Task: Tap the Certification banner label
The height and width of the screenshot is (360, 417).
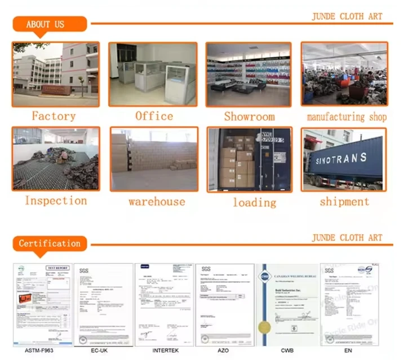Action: coord(50,243)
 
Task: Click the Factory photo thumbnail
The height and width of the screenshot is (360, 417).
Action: coord(55,74)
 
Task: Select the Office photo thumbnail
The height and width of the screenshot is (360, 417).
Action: coord(153,74)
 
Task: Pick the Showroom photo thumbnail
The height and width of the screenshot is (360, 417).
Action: coord(249,74)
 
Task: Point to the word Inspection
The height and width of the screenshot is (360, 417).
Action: coord(55,201)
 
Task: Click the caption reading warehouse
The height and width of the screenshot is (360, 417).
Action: coord(156,201)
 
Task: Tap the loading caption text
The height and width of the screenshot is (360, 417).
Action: coord(255,202)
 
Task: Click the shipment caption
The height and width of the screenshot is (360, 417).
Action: coord(344,201)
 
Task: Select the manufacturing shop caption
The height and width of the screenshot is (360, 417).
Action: coord(347,117)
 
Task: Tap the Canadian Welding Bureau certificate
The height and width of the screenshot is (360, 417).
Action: coord(287,305)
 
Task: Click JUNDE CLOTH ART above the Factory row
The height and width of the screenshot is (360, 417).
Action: coord(347,16)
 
